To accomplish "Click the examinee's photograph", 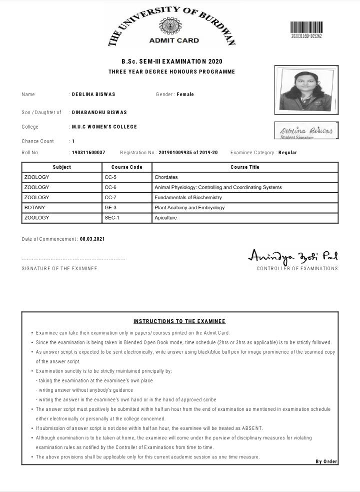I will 306,90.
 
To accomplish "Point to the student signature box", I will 306,131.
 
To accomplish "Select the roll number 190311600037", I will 88,153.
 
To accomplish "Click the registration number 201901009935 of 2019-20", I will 188,153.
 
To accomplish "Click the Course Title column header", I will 245,167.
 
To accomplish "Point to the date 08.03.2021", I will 92,239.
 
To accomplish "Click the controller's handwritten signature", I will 293,256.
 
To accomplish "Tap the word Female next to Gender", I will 185,95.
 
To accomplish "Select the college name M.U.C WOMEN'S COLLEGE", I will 104,127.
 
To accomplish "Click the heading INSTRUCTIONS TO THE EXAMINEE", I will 179,321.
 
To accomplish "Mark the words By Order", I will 326,461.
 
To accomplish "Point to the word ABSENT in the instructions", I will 252,428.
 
